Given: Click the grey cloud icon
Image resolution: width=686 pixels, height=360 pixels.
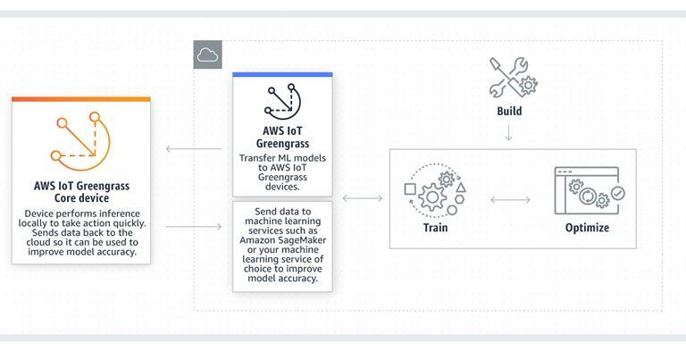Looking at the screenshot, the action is point(208,54).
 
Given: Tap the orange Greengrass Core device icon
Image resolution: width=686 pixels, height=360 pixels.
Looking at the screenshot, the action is point(81,141).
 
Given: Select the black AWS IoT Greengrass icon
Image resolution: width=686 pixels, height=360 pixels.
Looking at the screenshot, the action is point(282,101).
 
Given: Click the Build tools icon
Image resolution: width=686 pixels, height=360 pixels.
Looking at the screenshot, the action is point(513,78).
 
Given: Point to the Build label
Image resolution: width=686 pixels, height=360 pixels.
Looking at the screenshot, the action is point(509,111).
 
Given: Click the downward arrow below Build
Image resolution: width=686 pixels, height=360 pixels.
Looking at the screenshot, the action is point(508,132).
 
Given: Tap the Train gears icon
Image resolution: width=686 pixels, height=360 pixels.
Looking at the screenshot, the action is point(435,190).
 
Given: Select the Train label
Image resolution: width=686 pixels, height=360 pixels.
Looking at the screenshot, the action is point(435,228).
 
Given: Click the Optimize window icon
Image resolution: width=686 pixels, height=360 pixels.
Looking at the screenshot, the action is point(590,190).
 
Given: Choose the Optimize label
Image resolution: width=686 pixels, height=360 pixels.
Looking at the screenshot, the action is point(587,228).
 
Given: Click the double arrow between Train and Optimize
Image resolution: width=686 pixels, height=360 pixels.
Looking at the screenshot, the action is point(510,200).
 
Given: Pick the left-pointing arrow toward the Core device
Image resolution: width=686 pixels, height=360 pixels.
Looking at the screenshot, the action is point(193,148).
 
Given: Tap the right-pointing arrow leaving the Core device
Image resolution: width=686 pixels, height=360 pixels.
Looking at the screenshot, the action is point(193,226).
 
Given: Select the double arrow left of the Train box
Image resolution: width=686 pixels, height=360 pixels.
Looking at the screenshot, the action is point(363,198).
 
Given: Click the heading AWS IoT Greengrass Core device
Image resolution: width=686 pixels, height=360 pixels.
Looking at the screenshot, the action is point(81,191).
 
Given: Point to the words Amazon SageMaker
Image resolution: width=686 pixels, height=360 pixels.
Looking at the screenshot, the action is point(282,240).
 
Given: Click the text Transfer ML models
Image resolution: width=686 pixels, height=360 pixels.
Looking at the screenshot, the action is point(282,158).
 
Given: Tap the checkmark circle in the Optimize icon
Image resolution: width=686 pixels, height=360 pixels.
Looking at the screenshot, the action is point(618,193).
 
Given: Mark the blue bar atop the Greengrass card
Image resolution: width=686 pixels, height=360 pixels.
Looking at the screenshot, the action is point(282,75).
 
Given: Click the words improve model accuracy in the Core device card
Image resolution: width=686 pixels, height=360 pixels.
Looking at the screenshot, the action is point(82,252).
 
